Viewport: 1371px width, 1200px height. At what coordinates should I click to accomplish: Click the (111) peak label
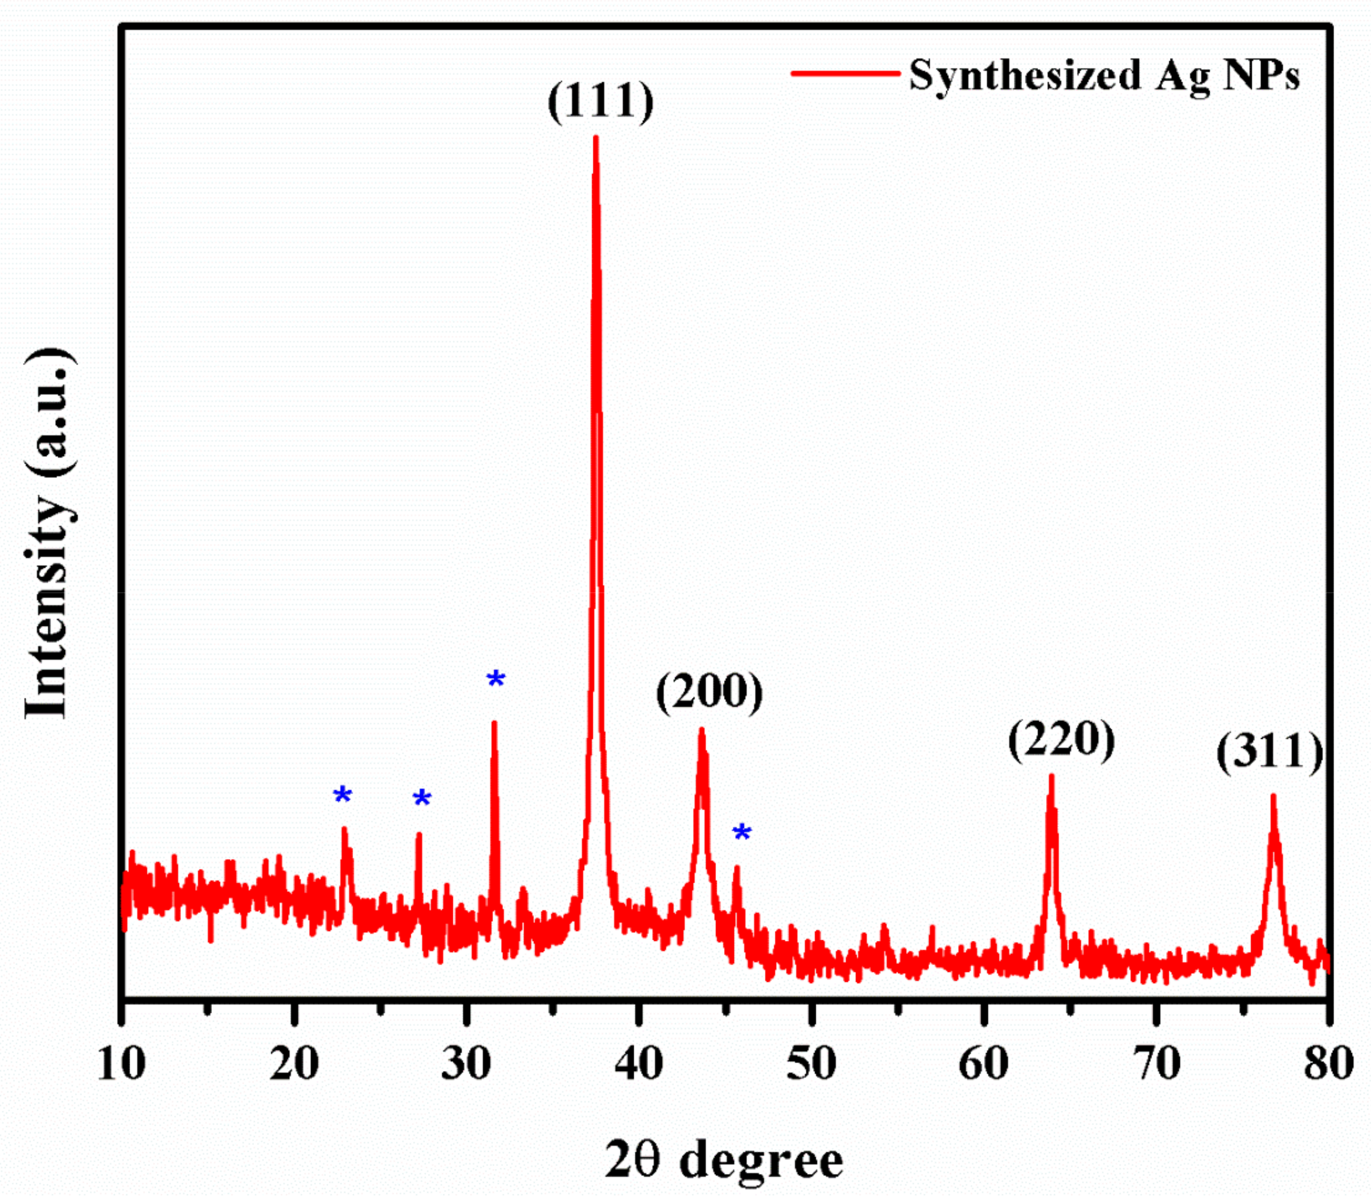pyautogui.click(x=600, y=101)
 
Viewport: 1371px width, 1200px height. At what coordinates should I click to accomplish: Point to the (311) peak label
pyautogui.click(x=1269, y=752)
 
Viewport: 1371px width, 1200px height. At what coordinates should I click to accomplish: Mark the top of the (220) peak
pyautogui.click(x=1051, y=777)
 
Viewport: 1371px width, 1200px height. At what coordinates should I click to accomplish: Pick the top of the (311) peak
pyautogui.click(x=1272, y=796)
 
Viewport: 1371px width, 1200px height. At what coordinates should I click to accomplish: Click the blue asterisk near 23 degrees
pyautogui.click(x=342, y=796)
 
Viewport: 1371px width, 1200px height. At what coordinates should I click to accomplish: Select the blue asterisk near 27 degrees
pyautogui.click(x=422, y=798)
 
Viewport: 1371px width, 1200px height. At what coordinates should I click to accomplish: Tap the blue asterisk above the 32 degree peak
pyautogui.click(x=495, y=679)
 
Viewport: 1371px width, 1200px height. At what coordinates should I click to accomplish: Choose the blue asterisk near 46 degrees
pyautogui.click(x=741, y=833)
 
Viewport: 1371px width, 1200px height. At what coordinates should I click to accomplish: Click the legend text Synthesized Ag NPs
pyautogui.click(x=1104, y=74)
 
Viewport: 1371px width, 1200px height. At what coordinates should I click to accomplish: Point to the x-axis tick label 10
pyautogui.click(x=121, y=1064)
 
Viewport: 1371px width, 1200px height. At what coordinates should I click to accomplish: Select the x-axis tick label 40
pyautogui.click(x=639, y=1064)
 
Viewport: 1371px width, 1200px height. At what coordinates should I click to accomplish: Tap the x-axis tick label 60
pyautogui.click(x=983, y=1064)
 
